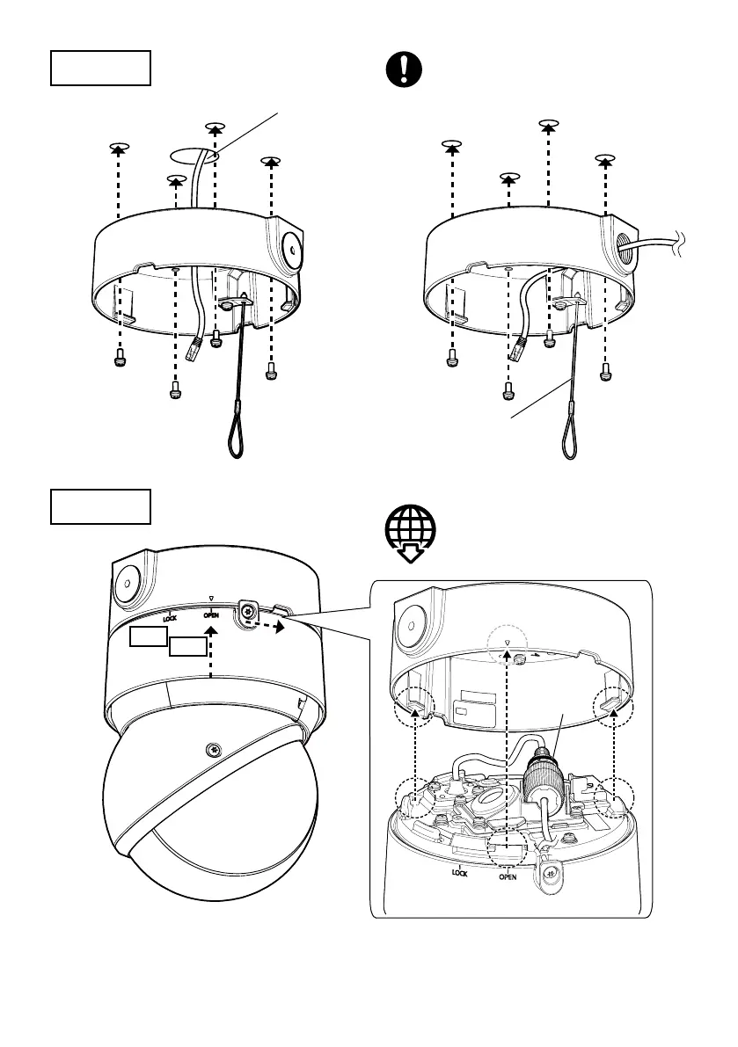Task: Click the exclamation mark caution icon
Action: (405, 69)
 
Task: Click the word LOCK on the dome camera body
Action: (170, 618)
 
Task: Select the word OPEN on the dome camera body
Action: (211, 615)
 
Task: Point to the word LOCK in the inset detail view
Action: (459, 874)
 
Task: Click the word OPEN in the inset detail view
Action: (508, 876)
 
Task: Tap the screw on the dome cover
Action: (211, 749)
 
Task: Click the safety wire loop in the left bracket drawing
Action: (237, 436)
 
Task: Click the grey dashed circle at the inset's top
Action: (508, 646)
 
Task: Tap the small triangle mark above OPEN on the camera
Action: (212, 597)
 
